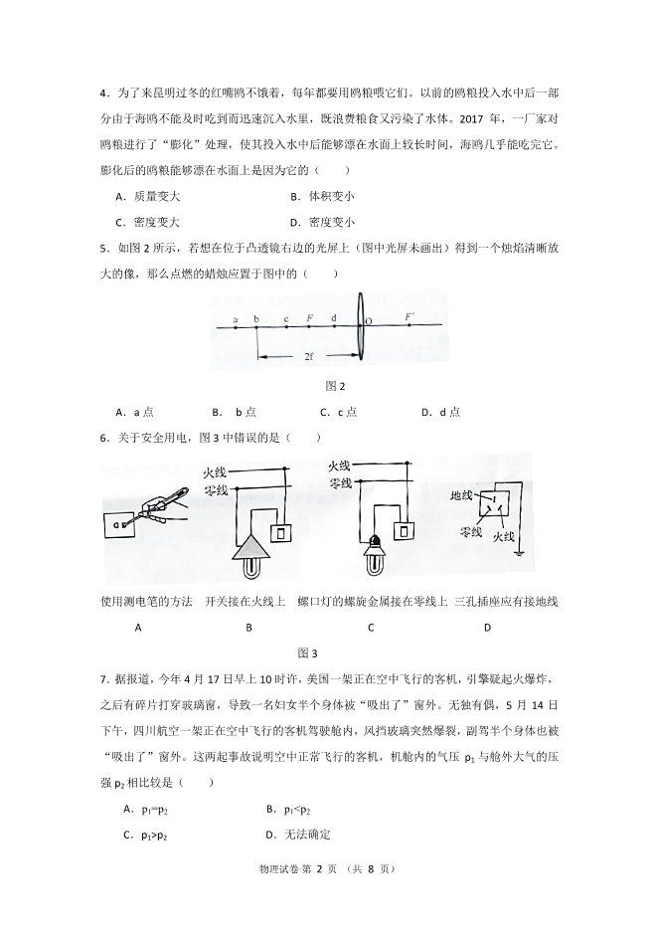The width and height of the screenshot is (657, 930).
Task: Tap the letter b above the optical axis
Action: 256,319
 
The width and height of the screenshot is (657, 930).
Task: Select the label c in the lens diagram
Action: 285,319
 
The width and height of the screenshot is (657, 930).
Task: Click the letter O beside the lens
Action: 369,321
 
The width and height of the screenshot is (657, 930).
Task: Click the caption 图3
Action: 307,653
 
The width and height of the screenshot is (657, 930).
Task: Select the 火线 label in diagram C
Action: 339,465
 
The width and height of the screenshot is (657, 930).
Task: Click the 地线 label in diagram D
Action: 462,494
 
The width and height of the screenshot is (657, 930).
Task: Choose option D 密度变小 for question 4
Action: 322,223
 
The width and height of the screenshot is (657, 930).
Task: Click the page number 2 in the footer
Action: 320,870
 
